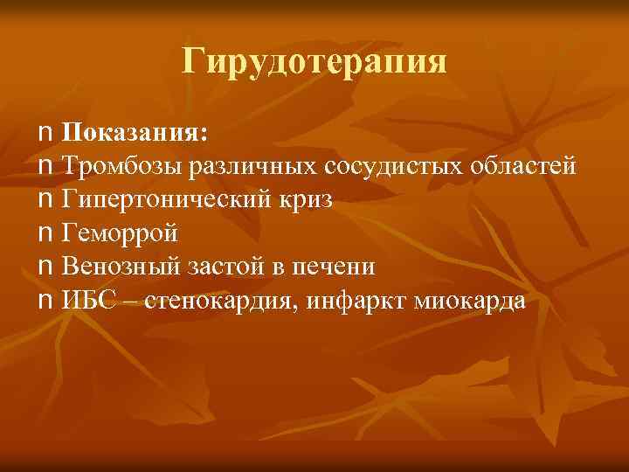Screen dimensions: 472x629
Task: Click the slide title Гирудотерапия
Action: tap(314, 62)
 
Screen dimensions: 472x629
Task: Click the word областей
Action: tap(519, 166)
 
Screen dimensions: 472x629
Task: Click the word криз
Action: tap(308, 200)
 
